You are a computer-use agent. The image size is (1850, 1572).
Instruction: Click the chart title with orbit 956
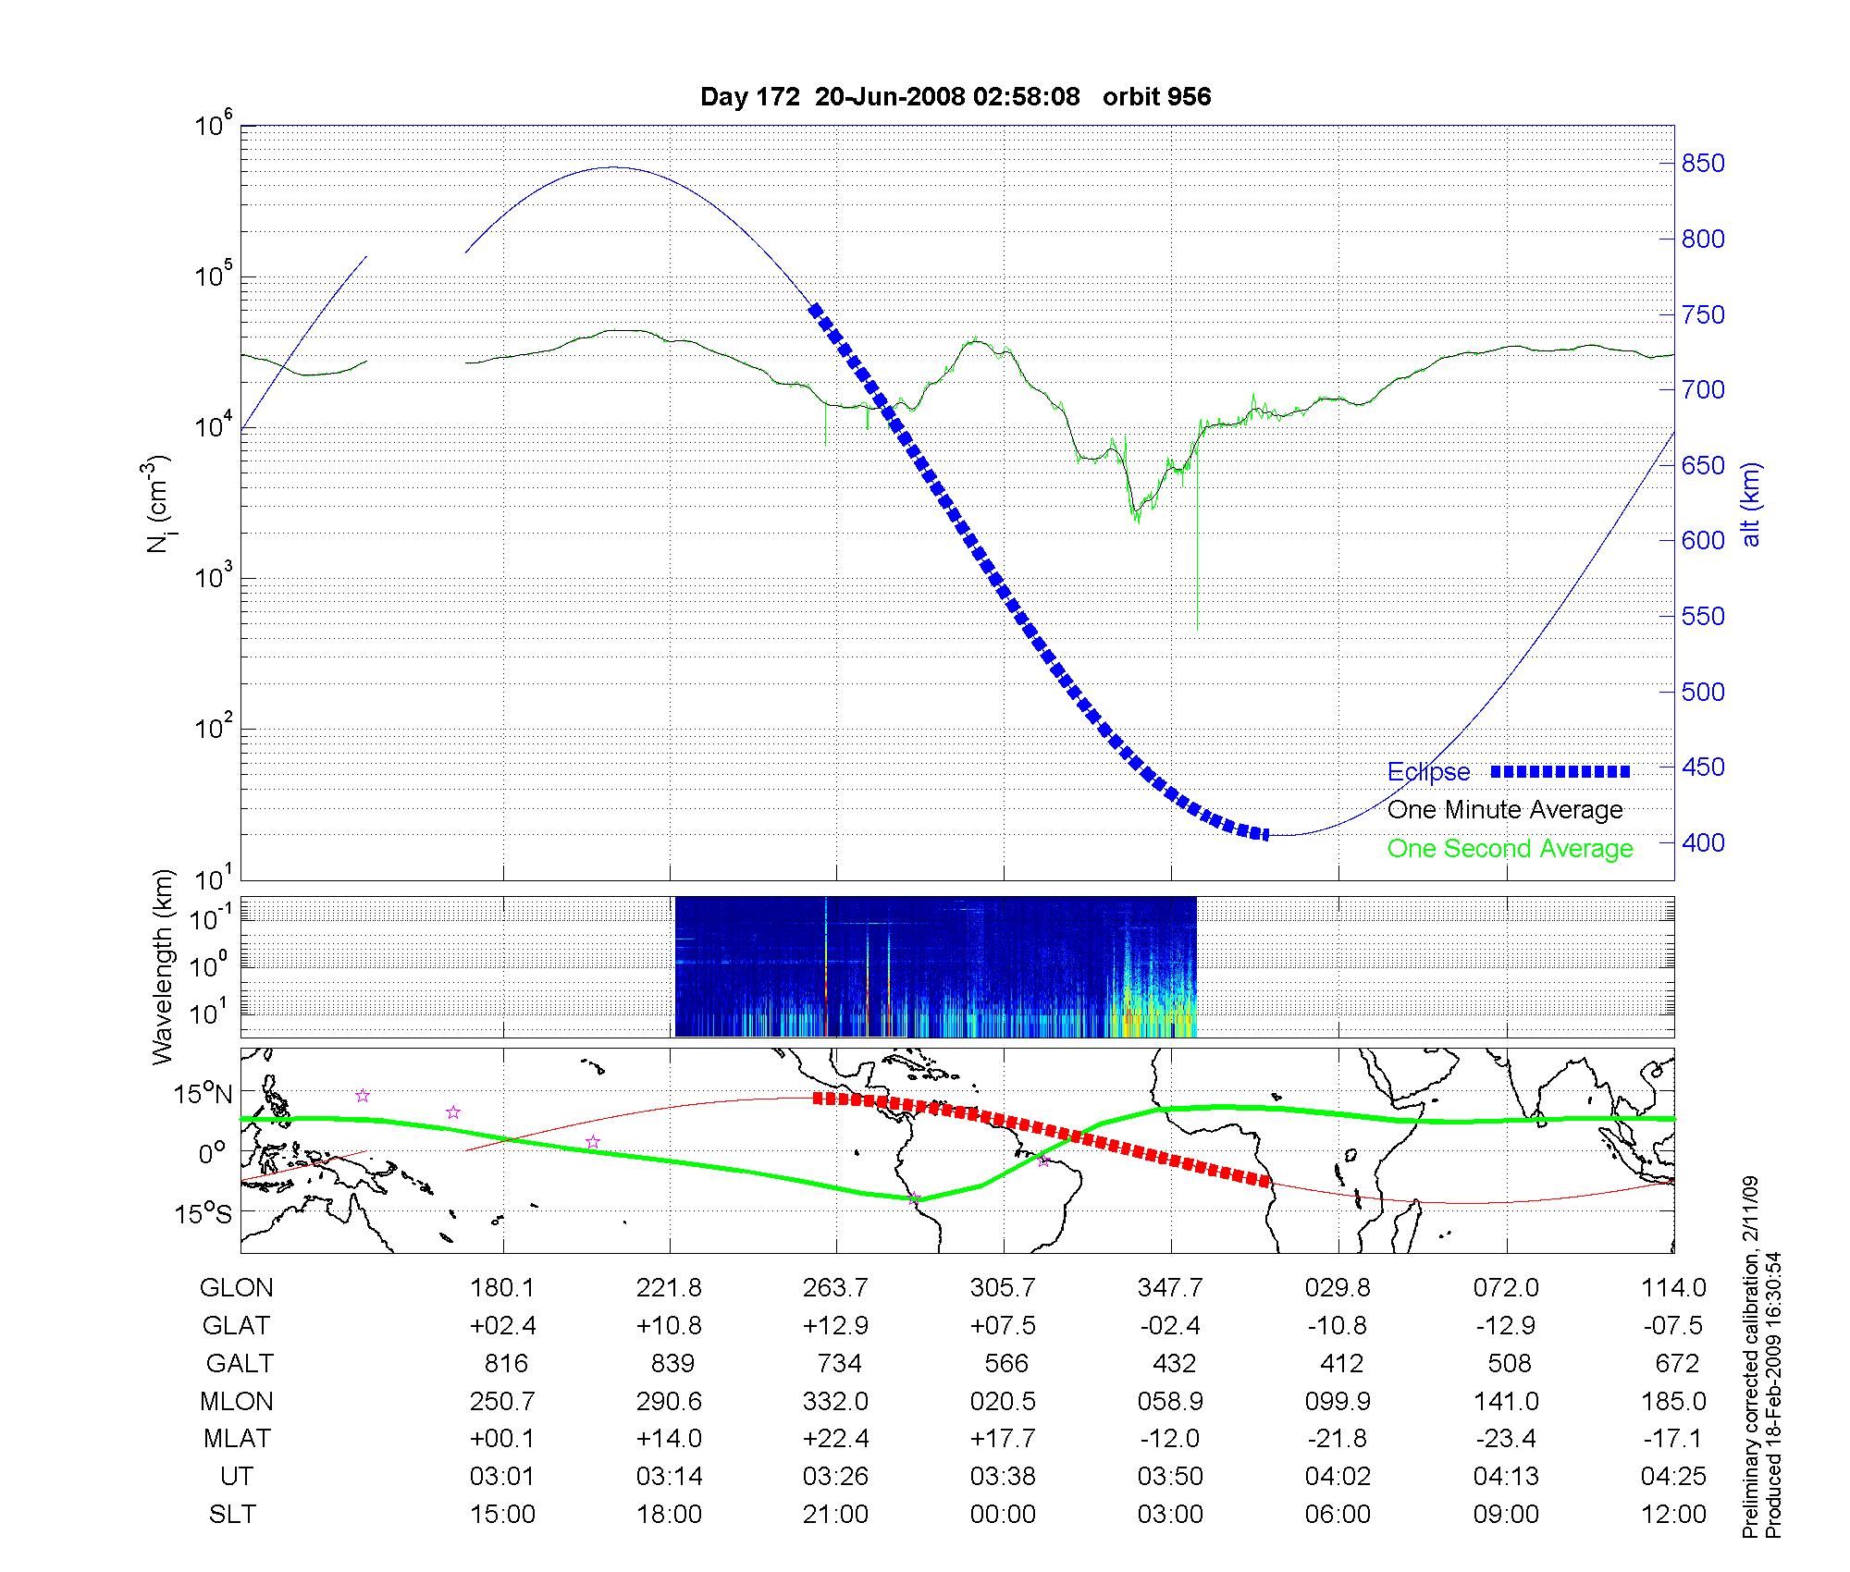(955, 97)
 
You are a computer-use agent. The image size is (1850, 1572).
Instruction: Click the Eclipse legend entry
(1428, 772)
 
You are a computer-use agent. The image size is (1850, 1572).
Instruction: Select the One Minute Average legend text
(1505, 810)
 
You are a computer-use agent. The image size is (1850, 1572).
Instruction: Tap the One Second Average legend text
(1510, 849)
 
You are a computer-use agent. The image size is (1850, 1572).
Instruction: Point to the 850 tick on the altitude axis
(1703, 164)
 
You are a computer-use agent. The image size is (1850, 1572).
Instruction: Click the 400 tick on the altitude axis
(1703, 842)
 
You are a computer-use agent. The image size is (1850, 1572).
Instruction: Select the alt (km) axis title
(1752, 504)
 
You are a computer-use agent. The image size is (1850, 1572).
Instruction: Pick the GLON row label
(236, 1288)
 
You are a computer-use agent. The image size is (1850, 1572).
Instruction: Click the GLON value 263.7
(836, 1288)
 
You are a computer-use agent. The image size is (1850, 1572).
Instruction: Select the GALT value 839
(671, 1364)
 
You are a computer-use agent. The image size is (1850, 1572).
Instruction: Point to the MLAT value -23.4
(1506, 1439)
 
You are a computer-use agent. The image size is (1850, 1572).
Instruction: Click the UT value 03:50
(1171, 1477)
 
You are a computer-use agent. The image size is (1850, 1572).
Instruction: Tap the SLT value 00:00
(1004, 1515)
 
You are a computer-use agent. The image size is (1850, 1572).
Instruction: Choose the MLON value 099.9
(1338, 1402)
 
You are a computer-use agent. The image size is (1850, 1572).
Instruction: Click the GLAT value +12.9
(836, 1326)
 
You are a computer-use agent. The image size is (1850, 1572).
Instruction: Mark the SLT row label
(232, 1515)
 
